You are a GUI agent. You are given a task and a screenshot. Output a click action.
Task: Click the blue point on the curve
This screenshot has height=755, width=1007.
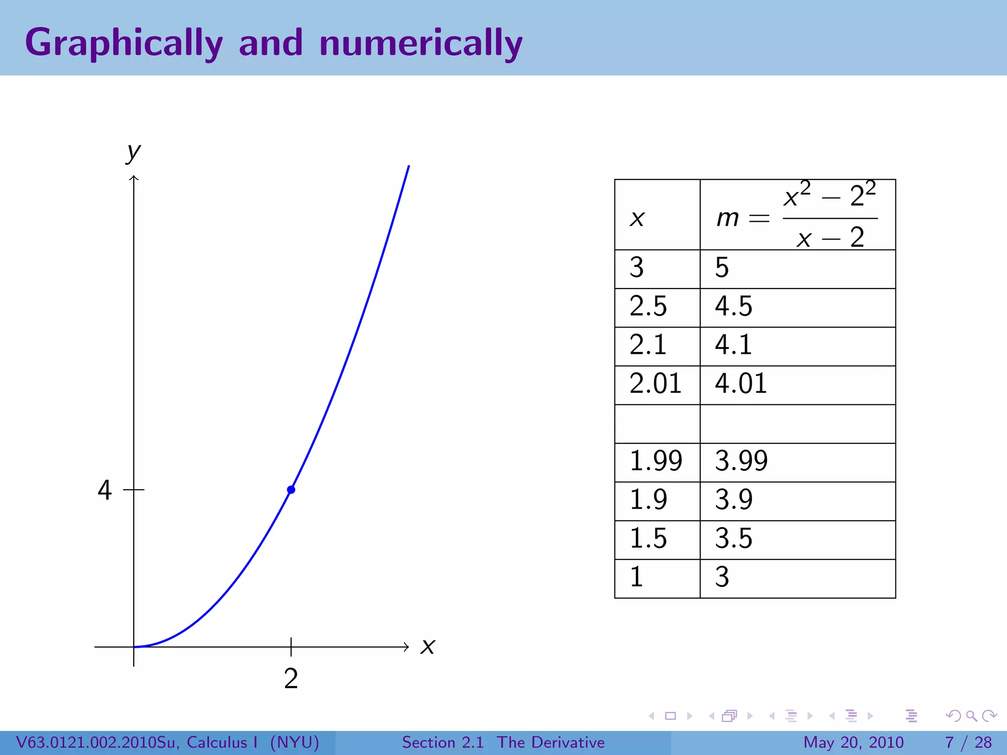click(x=291, y=490)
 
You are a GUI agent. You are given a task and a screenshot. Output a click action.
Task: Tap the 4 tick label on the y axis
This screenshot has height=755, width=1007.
click(x=105, y=490)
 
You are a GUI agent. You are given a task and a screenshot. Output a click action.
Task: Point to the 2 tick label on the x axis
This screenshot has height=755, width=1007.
click(x=291, y=679)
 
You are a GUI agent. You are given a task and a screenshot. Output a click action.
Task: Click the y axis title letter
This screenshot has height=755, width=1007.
click(x=133, y=152)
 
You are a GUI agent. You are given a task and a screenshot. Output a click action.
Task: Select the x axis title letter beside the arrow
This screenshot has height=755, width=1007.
click(x=428, y=646)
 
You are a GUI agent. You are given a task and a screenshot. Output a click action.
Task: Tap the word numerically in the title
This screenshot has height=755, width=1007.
click(x=421, y=43)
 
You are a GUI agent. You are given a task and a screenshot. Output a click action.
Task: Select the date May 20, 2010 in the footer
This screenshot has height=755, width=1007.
click(x=854, y=742)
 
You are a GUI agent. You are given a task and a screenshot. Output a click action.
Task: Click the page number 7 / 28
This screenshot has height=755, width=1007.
click(x=968, y=742)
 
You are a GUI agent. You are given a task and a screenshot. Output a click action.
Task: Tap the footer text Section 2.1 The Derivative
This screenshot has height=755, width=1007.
click(x=503, y=742)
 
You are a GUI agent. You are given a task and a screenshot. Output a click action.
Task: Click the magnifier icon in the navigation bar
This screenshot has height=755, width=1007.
click(x=971, y=716)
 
